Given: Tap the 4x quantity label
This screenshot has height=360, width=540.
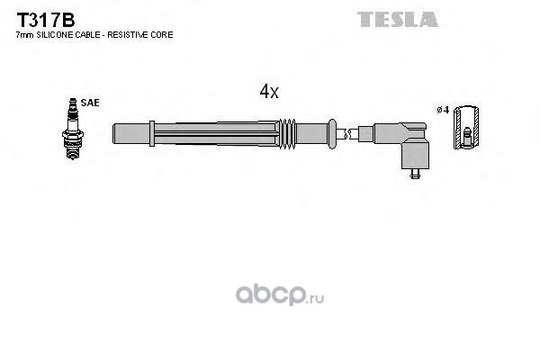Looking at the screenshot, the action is tap(269, 91).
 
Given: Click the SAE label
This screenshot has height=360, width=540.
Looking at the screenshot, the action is tap(90, 103).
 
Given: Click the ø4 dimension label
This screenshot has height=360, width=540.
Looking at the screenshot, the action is tap(442, 110).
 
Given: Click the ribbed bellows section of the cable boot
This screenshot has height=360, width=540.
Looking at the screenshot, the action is tap(290, 133).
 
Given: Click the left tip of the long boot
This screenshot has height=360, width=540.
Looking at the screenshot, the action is tap(115, 133).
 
